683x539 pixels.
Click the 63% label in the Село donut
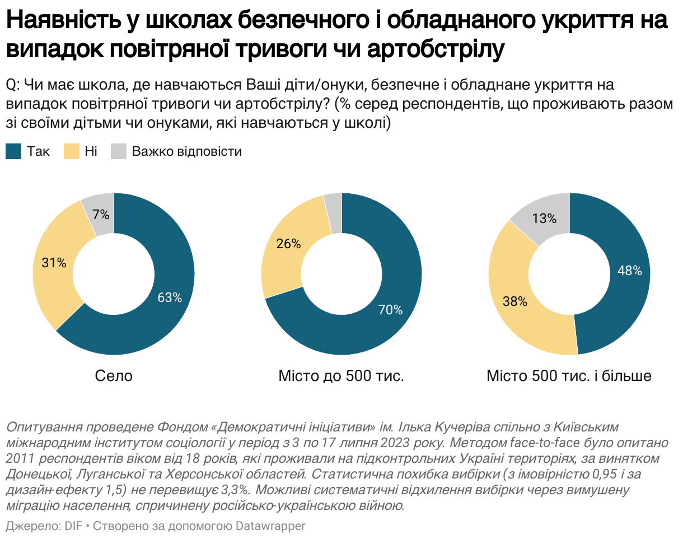tap(170, 298)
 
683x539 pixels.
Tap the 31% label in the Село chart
tap(54, 262)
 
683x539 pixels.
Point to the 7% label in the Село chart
tap(101, 215)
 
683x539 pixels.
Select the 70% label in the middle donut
tap(390, 309)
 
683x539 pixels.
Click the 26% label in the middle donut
tap(289, 244)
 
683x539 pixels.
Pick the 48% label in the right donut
tap(629, 271)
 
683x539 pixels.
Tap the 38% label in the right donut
tap(515, 301)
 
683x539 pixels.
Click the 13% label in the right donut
tap(544, 218)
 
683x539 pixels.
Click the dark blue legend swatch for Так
tap(13, 151)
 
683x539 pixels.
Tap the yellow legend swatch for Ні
tap(72, 151)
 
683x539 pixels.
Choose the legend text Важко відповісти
tap(186, 151)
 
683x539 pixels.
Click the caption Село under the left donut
tap(114, 375)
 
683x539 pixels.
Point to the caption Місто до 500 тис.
tap(341, 375)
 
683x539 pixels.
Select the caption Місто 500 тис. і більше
tap(569, 375)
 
